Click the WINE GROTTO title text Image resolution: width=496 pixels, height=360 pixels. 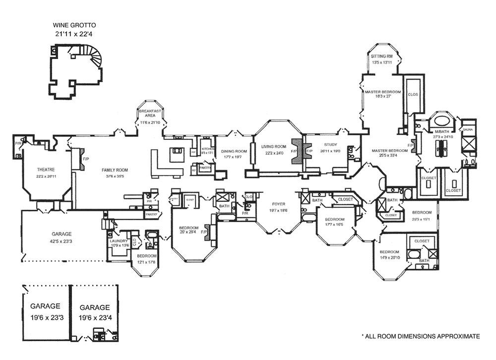(x=75, y=24)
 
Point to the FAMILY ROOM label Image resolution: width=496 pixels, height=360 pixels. (x=115, y=170)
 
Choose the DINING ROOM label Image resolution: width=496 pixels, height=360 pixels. (x=234, y=151)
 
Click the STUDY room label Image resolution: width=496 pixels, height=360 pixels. (x=331, y=145)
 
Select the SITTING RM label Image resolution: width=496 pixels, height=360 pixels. (x=382, y=56)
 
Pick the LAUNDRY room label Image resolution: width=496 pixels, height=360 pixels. (x=119, y=240)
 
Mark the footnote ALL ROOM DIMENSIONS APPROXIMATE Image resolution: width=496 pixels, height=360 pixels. (x=421, y=336)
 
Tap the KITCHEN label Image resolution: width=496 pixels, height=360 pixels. (x=207, y=149)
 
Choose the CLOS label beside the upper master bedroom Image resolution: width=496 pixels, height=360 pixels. (x=412, y=94)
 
